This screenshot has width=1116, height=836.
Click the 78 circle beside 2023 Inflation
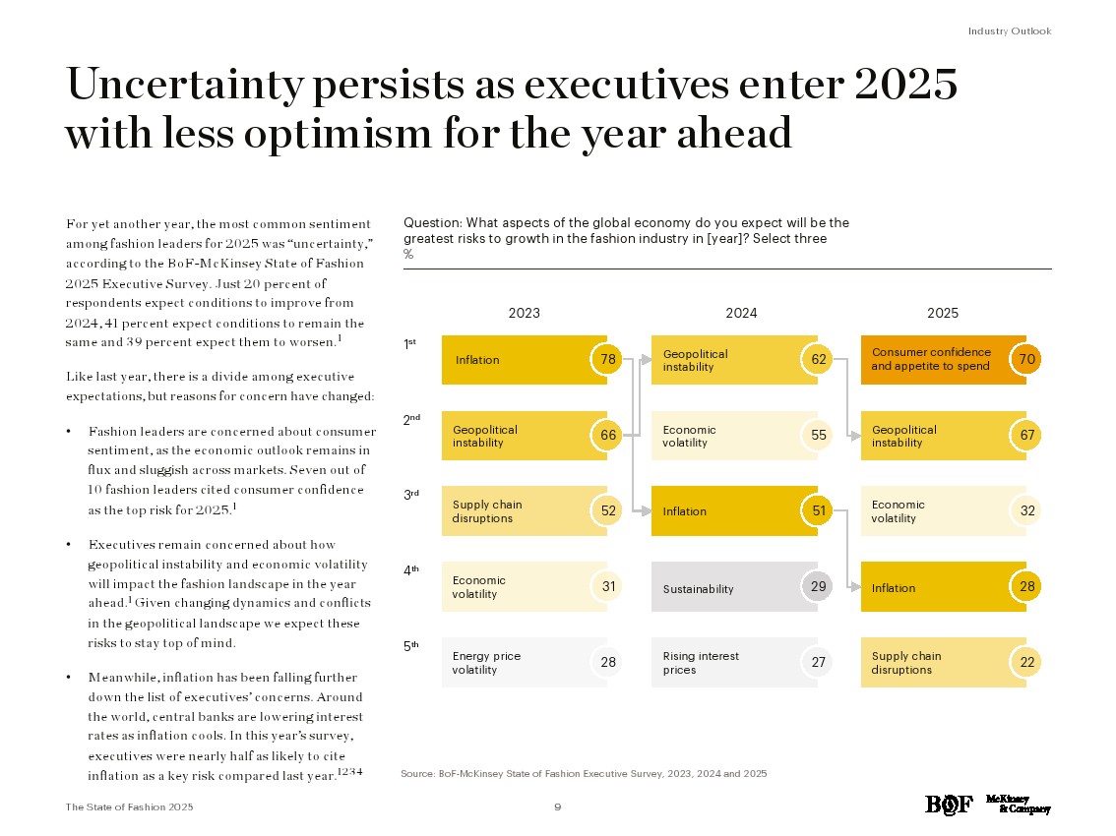pos(608,359)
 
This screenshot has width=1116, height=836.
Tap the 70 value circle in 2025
pos(1026,359)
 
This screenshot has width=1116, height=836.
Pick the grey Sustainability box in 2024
pos(724,588)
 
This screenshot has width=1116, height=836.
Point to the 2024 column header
pos(741,313)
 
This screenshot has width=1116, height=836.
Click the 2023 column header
pos(524,313)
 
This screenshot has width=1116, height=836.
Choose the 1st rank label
pos(410,343)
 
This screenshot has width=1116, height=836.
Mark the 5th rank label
pos(411,646)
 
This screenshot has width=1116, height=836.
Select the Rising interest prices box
pos(723,662)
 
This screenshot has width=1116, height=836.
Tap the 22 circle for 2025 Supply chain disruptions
pos(1026,663)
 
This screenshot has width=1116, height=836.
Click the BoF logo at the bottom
pos(949,805)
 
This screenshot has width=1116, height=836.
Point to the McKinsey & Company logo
pos(1018,804)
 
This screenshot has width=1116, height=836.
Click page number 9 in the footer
pos(558,807)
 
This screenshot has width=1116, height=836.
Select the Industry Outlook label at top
pos(1009,31)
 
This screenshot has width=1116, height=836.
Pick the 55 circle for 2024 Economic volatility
pos(818,435)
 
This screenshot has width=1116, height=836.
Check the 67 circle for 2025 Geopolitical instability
pos(1026,435)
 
